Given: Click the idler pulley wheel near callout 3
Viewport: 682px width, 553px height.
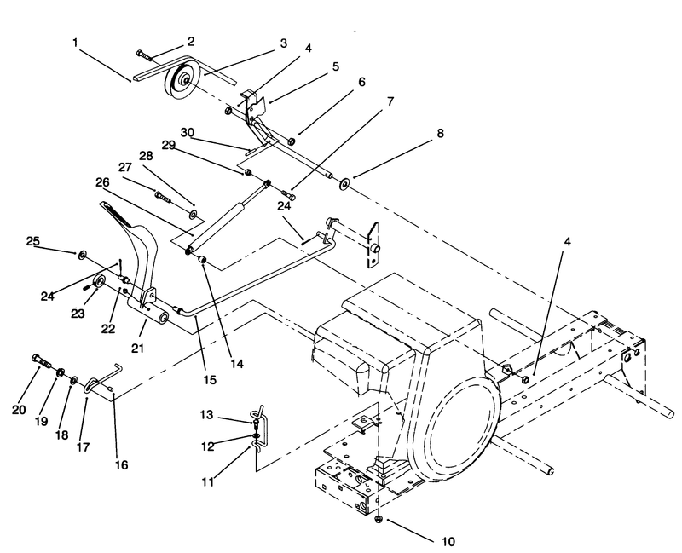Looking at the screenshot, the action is pos(181,81).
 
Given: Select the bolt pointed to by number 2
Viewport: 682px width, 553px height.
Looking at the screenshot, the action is pos(143,55).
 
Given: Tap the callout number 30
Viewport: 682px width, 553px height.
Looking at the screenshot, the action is pos(187,132).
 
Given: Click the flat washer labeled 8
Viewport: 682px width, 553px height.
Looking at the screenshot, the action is pos(344,184).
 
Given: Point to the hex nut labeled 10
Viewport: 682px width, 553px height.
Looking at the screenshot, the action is pos(379,519).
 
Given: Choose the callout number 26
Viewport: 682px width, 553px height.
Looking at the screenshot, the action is pos(102,182).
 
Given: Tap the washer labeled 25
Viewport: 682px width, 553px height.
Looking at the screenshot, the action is pos(81,255).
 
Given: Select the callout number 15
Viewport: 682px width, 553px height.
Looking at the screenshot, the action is pos(210,380).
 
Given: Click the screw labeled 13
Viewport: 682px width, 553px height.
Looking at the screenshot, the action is pos(256,422).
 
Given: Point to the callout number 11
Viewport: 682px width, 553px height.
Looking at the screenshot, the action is pos(208,481).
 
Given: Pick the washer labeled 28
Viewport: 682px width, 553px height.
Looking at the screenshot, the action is pos(193,214).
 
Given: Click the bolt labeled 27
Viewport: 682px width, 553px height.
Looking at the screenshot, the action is pos(162,197).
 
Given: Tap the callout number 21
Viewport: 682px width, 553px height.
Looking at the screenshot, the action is pos(137,349).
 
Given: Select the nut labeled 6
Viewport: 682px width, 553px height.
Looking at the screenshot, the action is pos(292,141).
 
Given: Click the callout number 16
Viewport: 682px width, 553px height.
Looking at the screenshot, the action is pos(122,464).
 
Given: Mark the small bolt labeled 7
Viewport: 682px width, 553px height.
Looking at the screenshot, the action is pos(289,194).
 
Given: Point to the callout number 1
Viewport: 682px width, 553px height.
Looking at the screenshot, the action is pos(75,43).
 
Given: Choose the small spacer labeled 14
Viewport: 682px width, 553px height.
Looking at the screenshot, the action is pos(202,259).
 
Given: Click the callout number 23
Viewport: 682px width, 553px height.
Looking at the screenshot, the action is pos(78,313).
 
